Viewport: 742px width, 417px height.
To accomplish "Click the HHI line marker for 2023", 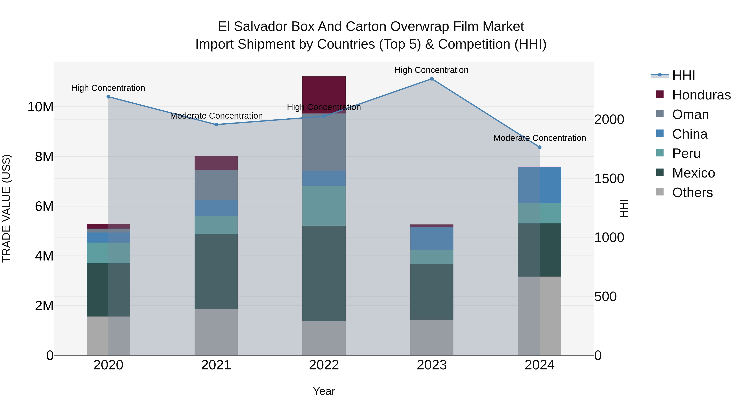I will click(431, 79).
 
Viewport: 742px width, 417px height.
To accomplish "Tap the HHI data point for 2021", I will click(216, 125).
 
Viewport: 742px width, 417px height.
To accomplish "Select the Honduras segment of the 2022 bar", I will click(324, 92).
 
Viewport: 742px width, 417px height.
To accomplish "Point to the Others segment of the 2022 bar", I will click(324, 338).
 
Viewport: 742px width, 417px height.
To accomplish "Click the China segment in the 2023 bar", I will click(431, 238).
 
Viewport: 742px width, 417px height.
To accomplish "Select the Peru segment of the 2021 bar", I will click(216, 225).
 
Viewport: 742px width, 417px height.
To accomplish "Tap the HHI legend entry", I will click(683, 75).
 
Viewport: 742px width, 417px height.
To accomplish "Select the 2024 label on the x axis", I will click(539, 365).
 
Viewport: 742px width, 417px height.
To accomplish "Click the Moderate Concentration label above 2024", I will click(540, 138).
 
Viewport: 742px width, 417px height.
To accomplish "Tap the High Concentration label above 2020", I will click(108, 88).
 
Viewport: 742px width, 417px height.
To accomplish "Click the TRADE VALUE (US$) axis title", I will click(7, 208).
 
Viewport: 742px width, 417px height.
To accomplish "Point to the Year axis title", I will click(324, 391).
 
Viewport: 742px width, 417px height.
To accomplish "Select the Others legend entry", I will click(692, 193).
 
